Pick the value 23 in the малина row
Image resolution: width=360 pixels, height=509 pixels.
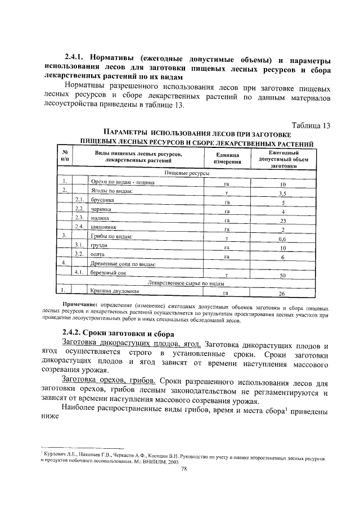pos(283,220)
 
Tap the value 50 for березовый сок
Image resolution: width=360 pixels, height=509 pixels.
pos(283,276)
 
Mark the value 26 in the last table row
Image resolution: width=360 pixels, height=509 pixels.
pos(283,294)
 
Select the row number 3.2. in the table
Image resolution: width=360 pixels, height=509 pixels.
pos(80,254)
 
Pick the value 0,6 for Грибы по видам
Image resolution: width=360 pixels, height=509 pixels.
pos(283,238)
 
